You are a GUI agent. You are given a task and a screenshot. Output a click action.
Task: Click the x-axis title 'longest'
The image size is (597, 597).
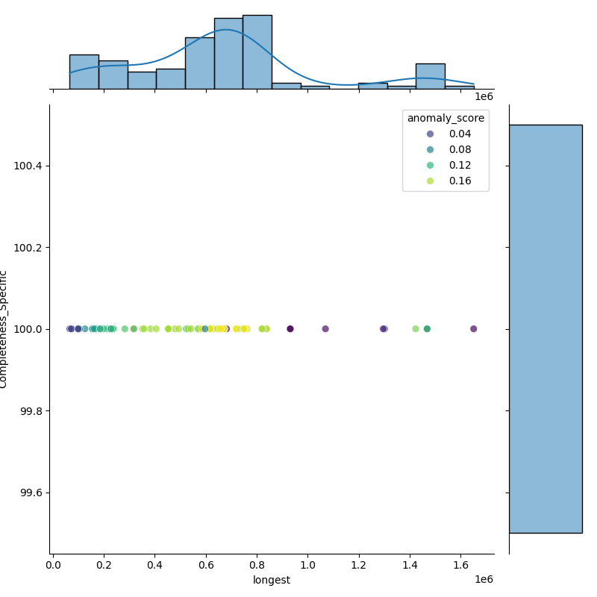(x=272, y=580)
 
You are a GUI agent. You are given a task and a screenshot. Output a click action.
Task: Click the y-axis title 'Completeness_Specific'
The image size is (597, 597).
(x=4, y=329)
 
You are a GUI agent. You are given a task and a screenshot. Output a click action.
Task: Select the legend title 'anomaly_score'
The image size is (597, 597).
(x=446, y=118)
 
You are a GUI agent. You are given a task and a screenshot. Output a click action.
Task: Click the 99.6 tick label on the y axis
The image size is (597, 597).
(x=31, y=493)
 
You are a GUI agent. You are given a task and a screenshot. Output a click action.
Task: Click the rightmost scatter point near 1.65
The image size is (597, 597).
(x=473, y=329)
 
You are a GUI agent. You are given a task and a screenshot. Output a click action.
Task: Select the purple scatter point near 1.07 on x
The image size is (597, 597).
(x=325, y=329)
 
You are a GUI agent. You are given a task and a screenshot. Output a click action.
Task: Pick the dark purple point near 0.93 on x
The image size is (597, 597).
(x=290, y=329)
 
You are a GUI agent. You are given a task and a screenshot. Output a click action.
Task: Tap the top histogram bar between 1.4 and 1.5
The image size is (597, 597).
(x=430, y=76)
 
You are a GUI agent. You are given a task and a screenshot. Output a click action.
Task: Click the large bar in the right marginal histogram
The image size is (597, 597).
(x=545, y=328)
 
